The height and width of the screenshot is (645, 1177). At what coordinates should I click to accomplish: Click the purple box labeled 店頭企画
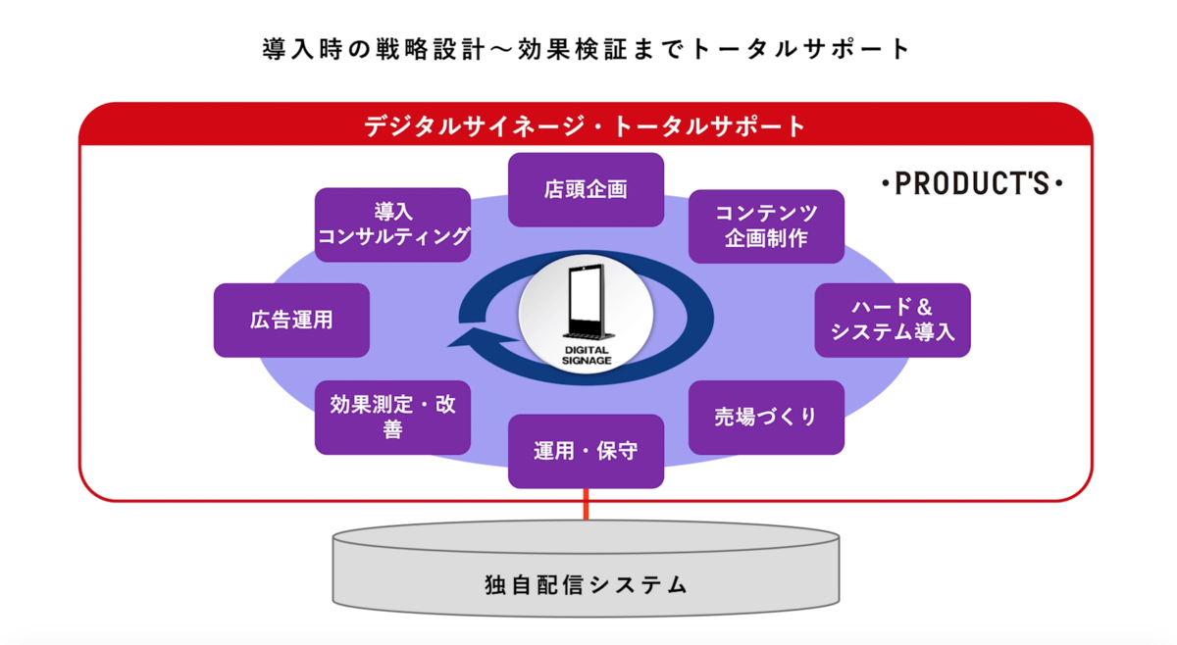(x=586, y=189)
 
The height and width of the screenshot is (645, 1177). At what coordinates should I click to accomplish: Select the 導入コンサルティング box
(x=392, y=224)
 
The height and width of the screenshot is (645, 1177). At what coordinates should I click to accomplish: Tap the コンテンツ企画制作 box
(x=766, y=226)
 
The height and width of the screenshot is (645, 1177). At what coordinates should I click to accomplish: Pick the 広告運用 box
(x=291, y=321)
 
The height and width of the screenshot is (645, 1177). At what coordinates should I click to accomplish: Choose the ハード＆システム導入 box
(x=893, y=321)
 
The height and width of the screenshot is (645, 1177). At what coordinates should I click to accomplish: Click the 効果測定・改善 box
(x=392, y=418)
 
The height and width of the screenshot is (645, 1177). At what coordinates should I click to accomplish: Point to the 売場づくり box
(x=766, y=418)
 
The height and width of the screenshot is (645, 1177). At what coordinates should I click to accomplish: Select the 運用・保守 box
(x=586, y=451)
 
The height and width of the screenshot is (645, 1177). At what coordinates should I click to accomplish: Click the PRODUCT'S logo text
(x=972, y=183)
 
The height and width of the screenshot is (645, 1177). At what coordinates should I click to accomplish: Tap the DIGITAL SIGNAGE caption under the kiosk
(x=587, y=356)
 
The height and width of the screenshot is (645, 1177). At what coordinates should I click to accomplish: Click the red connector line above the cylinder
(x=586, y=505)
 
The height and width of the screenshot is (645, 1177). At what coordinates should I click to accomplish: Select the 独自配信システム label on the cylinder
(x=586, y=585)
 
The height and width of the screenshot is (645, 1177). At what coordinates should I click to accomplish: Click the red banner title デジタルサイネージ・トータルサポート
(x=585, y=126)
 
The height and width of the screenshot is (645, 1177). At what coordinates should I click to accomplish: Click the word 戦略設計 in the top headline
(x=431, y=49)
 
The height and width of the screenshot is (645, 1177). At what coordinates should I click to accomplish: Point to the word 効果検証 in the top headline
(x=572, y=49)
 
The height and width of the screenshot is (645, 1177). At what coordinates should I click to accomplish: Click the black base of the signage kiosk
(x=588, y=335)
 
